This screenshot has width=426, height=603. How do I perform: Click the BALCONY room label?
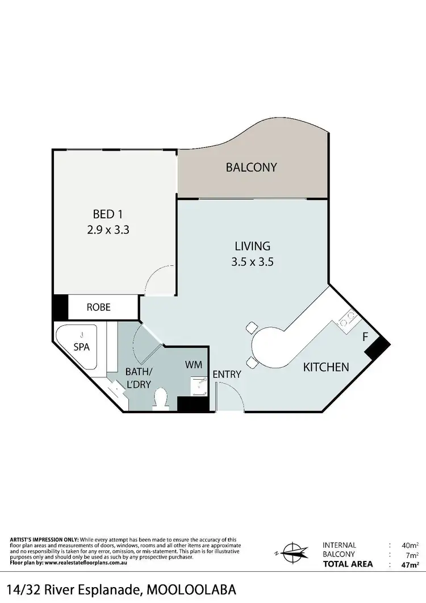pos(251,167)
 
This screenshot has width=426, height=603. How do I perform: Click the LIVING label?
pos(252,246)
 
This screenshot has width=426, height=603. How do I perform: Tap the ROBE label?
pos(98,307)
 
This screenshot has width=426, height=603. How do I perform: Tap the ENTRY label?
pos(227,375)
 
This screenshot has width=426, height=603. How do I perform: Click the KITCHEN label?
pos(325,367)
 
